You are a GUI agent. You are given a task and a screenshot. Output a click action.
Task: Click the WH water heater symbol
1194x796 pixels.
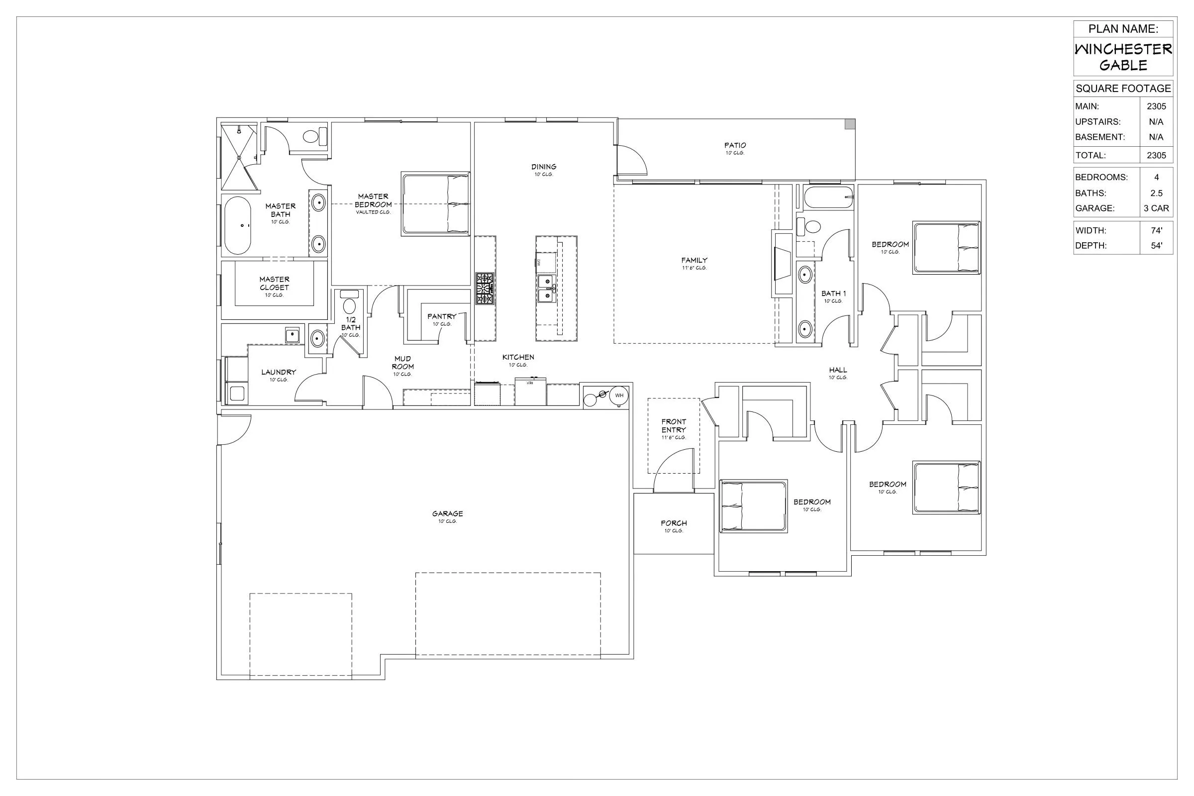tap(619, 396)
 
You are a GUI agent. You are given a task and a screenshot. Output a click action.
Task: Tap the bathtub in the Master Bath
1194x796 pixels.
tap(238, 225)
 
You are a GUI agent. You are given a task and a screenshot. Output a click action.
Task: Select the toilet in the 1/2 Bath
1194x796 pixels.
tap(349, 305)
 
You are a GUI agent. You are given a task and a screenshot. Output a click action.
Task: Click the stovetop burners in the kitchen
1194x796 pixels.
tap(485, 289)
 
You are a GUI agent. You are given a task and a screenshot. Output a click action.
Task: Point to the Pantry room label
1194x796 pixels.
tap(441, 316)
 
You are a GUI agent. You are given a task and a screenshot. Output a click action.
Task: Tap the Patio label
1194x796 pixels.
tap(735, 146)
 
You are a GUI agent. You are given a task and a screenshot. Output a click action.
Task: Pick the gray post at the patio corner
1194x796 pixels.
tap(849, 124)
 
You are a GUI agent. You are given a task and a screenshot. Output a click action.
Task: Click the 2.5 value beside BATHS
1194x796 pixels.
tap(1156, 193)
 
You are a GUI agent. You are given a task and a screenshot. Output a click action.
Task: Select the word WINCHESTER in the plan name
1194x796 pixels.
tap(1123, 49)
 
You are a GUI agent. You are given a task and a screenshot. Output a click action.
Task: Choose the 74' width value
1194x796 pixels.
tap(1156, 230)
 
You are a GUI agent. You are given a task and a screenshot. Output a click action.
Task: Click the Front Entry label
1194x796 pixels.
tap(673, 426)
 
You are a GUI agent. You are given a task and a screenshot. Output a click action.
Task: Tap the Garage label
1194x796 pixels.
tap(447, 514)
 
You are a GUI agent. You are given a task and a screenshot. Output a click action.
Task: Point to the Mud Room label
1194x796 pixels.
tap(402, 363)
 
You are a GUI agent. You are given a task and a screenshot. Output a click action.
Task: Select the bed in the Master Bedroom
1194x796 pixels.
tap(435, 204)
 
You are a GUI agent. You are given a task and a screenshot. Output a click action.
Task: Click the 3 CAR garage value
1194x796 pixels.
tap(1156, 208)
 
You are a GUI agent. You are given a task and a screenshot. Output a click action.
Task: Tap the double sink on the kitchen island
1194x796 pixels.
tap(546, 288)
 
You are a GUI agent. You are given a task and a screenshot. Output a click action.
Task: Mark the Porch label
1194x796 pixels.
tap(674, 523)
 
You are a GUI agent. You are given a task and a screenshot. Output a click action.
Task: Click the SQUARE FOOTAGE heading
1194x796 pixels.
tap(1123, 89)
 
